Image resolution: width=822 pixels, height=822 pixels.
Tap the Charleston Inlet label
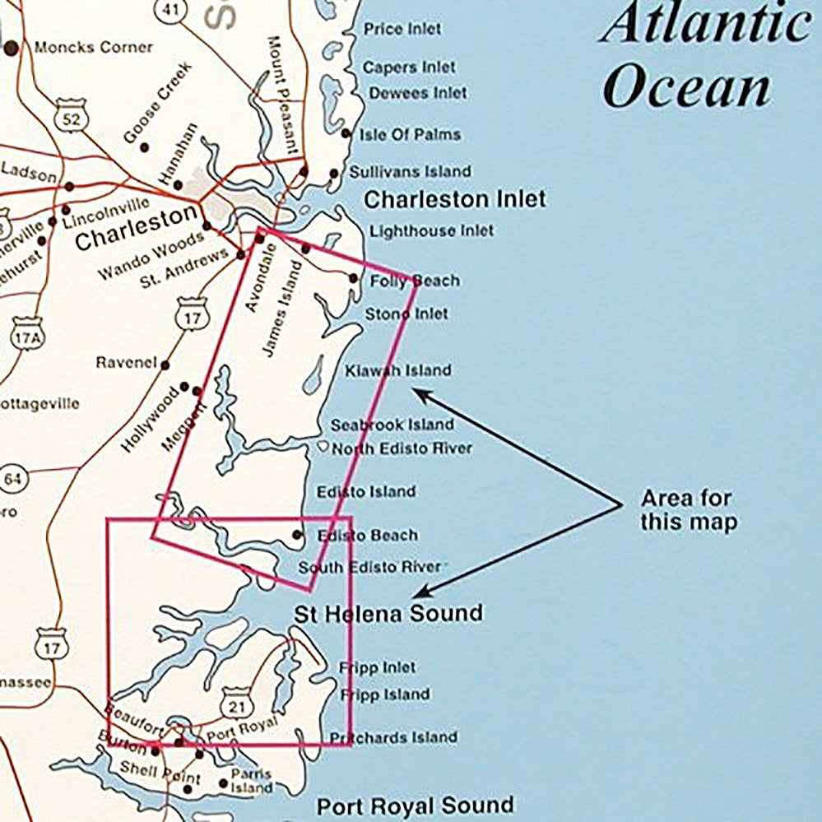click(x=454, y=199)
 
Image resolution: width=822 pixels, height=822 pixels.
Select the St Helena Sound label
click(x=388, y=613)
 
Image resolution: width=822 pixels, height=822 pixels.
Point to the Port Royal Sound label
click(x=415, y=806)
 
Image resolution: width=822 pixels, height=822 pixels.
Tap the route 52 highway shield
click(x=72, y=119)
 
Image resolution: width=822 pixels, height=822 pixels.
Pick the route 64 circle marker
click(x=13, y=479)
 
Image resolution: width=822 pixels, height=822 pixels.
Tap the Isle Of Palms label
click(x=412, y=134)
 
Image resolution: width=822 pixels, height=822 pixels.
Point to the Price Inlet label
click(x=402, y=29)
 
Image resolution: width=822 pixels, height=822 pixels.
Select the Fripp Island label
click(x=384, y=694)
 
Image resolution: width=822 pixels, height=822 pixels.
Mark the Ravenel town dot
click(x=165, y=365)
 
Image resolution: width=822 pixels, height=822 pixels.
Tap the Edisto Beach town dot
click(x=297, y=535)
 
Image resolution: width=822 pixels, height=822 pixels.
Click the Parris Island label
click(x=251, y=781)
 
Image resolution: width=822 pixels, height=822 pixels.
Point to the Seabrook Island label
click(x=392, y=425)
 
